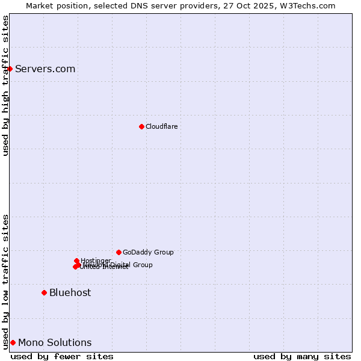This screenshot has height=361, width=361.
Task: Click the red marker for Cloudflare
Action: pyautogui.click(x=141, y=126)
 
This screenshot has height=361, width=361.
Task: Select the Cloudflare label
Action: pyautogui.click(x=161, y=126)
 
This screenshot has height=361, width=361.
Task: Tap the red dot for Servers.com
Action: pyautogui.click(x=10, y=69)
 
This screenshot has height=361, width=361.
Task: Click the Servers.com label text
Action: pyautogui.click(x=45, y=69)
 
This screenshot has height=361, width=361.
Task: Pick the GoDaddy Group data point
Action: pyautogui.click(x=119, y=252)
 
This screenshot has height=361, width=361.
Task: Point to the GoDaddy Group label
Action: pyautogui.click(x=148, y=252)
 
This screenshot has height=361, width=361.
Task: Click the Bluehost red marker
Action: pyautogui.click(x=44, y=292)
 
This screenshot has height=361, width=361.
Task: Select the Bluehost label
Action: pyautogui.click(x=70, y=292)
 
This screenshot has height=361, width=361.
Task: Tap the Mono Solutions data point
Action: pyautogui.click(x=13, y=342)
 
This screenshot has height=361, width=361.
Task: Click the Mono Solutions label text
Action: pyautogui.click(x=55, y=342)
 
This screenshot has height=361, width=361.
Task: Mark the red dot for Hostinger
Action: pyautogui.click(x=76, y=261)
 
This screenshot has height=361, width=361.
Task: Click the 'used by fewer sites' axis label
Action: pyautogui.click(x=62, y=356)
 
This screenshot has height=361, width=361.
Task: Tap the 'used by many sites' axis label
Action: pyautogui.click(x=302, y=356)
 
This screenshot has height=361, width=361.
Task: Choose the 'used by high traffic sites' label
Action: pyautogui.click(x=5, y=85)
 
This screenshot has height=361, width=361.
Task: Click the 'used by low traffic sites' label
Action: pyautogui.click(x=5, y=282)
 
